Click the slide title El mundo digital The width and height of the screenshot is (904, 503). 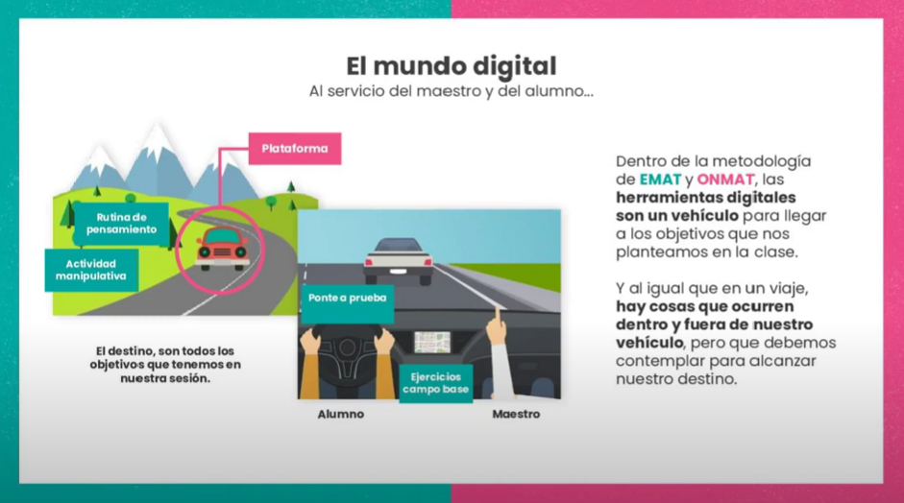click(x=451, y=66)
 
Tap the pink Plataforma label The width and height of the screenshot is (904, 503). click(x=295, y=149)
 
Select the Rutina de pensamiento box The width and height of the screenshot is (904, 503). click(x=121, y=224)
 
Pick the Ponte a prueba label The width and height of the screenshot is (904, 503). click(x=347, y=298)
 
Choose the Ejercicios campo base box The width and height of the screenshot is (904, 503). click(x=435, y=382)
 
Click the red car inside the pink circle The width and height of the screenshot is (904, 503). click(x=223, y=249)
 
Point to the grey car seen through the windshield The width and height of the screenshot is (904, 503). click(x=398, y=257)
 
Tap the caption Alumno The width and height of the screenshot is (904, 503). click(x=341, y=415)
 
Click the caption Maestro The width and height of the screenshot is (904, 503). click(x=516, y=415)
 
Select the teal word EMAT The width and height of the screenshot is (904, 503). click(x=660, y=179)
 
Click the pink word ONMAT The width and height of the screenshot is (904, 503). click(x=725, y=179)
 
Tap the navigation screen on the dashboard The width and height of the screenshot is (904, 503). click(x=432, y=341)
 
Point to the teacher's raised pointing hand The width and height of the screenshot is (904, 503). click(x=497, y=326)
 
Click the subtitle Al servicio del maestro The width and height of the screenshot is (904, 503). click(x=451, y=92)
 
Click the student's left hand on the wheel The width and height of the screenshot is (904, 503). click(x=312, y=341)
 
